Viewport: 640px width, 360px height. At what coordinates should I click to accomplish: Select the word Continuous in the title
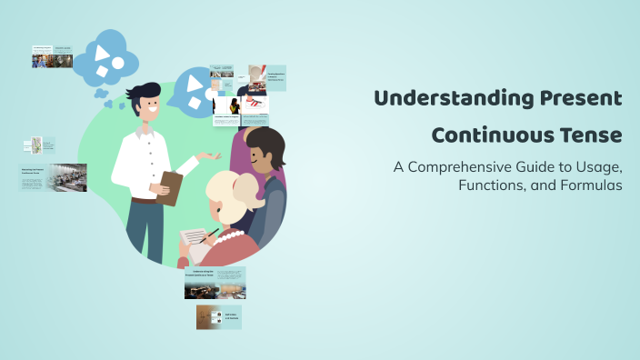point(490,135)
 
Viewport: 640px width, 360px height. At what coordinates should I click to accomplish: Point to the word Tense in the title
point(590,135)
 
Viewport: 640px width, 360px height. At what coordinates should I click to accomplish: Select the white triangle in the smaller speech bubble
point(192,83)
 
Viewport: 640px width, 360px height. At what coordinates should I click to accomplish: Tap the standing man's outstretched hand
point(212,156)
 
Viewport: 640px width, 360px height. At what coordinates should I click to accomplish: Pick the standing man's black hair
point(145,92)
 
